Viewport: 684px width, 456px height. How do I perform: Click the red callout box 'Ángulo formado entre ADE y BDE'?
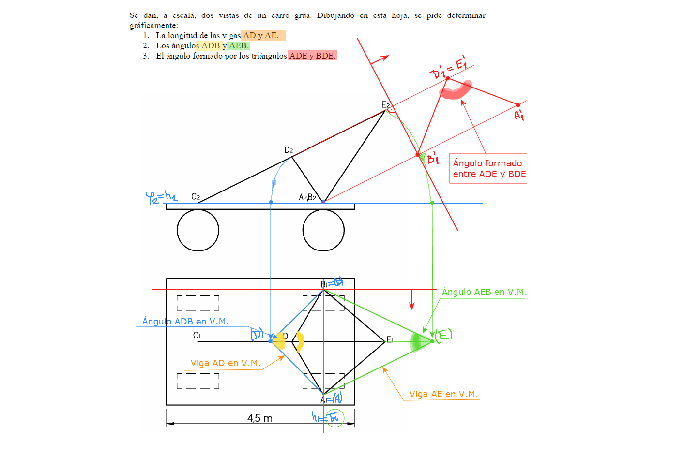[488, 168]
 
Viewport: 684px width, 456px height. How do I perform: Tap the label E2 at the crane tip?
[385, 105]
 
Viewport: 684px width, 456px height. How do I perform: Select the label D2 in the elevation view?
[289, 150]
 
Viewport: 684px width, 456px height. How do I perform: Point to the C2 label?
[196, 196]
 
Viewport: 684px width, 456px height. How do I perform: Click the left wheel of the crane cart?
[198, 230]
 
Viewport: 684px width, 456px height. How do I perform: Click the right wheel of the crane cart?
[323, 230]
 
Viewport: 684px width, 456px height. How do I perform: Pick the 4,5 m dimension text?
[260, 418]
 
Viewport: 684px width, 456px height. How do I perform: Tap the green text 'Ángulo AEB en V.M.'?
[484, 292]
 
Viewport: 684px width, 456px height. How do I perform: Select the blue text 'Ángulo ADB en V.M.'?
[185, 322]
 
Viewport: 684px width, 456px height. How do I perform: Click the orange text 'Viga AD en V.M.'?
[226, 363]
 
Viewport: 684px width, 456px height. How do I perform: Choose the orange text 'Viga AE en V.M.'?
[443, 394]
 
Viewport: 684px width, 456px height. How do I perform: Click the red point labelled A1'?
[518, 105]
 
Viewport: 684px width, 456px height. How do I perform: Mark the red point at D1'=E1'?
[448, 78]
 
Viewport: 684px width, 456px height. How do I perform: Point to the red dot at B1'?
[418, 155]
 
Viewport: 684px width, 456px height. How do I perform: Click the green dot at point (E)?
[432, 341]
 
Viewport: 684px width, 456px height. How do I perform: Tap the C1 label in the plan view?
[197, 335]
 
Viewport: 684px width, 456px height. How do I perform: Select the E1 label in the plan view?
[390, 340]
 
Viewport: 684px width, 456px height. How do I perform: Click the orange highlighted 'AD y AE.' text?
[263, 35]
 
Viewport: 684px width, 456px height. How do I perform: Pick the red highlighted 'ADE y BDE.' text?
[312, 56]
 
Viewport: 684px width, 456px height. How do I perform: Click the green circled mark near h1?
[334, 418]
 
